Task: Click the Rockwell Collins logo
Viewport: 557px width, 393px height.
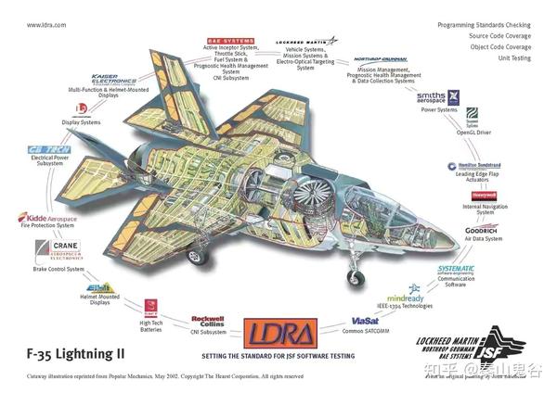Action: pos(208,316)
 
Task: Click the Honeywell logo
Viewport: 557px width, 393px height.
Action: pos(484,196)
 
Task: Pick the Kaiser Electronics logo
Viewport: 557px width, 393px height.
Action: pos(116,79)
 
